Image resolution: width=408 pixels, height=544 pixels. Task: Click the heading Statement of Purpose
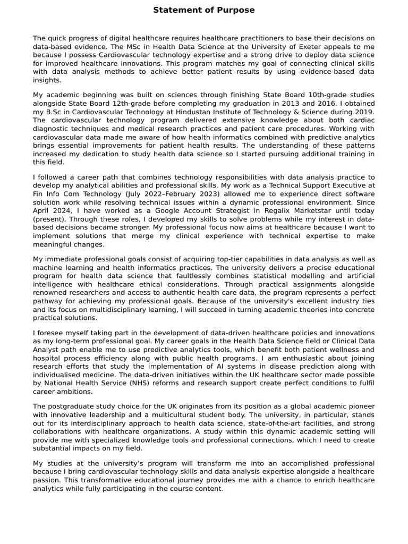204,10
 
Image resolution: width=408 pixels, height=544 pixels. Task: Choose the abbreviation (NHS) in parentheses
141,382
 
